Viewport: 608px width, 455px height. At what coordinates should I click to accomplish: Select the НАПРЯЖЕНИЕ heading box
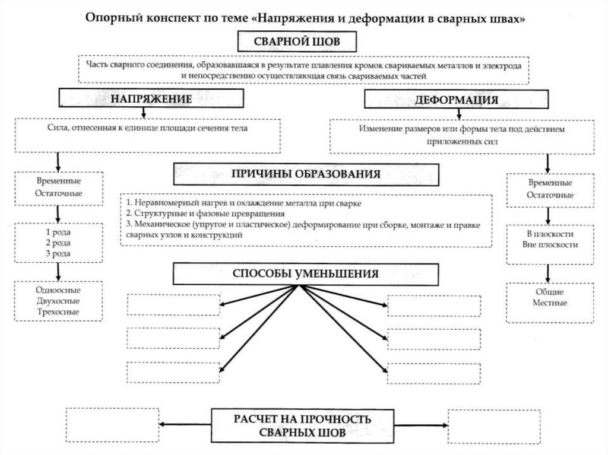pyautogui.click(x=151, y=99)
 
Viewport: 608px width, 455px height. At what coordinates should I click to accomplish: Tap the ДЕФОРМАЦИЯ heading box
pyautogui.click(x=456, y=100)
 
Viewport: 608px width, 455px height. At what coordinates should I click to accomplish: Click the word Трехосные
pyautogui.click(x=58, y=311)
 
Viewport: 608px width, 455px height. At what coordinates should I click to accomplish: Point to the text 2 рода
pyautogui.click(x=58, y=243)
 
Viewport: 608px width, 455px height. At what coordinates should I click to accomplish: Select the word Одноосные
pyautogui.click(x=58, y=290)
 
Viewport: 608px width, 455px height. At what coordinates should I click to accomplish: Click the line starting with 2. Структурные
pyautogui.click(x=206, y=213)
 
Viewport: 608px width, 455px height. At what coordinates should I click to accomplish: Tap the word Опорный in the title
pyautogui.click(x=109, y=19)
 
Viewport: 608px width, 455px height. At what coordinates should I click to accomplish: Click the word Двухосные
pyautogui.click(x=58, y=301)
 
